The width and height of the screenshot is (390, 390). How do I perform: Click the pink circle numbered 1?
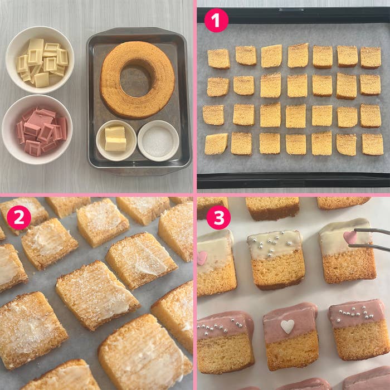tap(216, 21)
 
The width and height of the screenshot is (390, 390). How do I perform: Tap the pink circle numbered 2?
tap(19, 217)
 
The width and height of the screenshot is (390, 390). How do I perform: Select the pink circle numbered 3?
tap(218, 217)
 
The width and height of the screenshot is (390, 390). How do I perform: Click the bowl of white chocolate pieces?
tap(40, 60)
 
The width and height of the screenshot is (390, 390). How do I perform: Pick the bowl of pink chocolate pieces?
tap(37, 129)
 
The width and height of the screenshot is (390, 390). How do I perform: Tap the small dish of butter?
tap(116, 140)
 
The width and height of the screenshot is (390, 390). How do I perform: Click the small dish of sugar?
tap(158, 141)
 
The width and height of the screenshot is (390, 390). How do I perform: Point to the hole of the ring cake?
tap(136, 79)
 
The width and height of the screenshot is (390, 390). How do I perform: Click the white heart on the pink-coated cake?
tap(287, 326)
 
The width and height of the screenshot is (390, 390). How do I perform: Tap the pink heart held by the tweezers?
tap(350, 237)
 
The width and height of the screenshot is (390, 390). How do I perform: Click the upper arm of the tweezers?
tap(372, 231)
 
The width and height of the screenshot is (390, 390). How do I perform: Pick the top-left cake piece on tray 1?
tap(218, 58)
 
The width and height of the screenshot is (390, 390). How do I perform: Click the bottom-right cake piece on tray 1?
tap(373, 144)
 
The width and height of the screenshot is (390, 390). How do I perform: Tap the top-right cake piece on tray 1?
tap(370, 58)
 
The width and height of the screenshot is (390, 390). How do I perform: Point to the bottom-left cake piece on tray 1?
tap(216, 144)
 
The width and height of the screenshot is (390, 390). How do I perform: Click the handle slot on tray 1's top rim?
tap(291, 10)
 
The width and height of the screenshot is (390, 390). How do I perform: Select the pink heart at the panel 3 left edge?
tap(202, 258)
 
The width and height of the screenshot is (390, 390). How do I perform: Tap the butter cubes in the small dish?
tap(115, 139)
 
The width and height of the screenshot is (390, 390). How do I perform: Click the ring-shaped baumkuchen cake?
tap(138, 80)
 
